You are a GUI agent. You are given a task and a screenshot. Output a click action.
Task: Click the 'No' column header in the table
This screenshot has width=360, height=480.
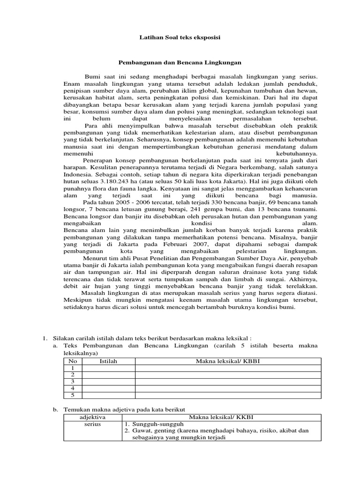tap(72, 361)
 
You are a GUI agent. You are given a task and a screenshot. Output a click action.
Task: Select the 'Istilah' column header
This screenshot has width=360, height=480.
tap(108, 361)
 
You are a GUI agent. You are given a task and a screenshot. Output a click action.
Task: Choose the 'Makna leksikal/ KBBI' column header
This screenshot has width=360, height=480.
tap(227, 361)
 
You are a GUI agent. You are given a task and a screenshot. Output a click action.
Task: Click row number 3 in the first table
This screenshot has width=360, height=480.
tap(72, 382)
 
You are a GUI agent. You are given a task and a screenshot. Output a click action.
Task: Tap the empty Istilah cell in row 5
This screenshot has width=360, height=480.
tap(108, 395)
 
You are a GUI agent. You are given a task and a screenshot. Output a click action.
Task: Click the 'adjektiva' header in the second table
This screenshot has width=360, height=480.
tap(92, 417)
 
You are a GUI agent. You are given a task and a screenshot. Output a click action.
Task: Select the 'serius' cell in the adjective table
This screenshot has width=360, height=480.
tap(92, 424)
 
